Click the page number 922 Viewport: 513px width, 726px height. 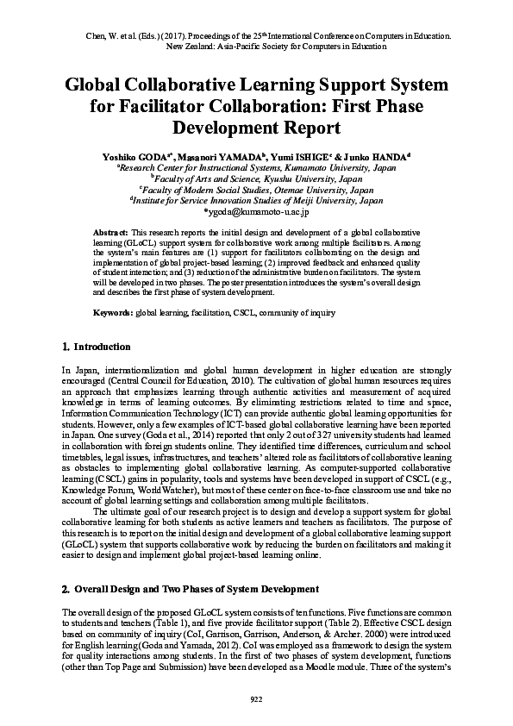(x=256, y=698)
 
